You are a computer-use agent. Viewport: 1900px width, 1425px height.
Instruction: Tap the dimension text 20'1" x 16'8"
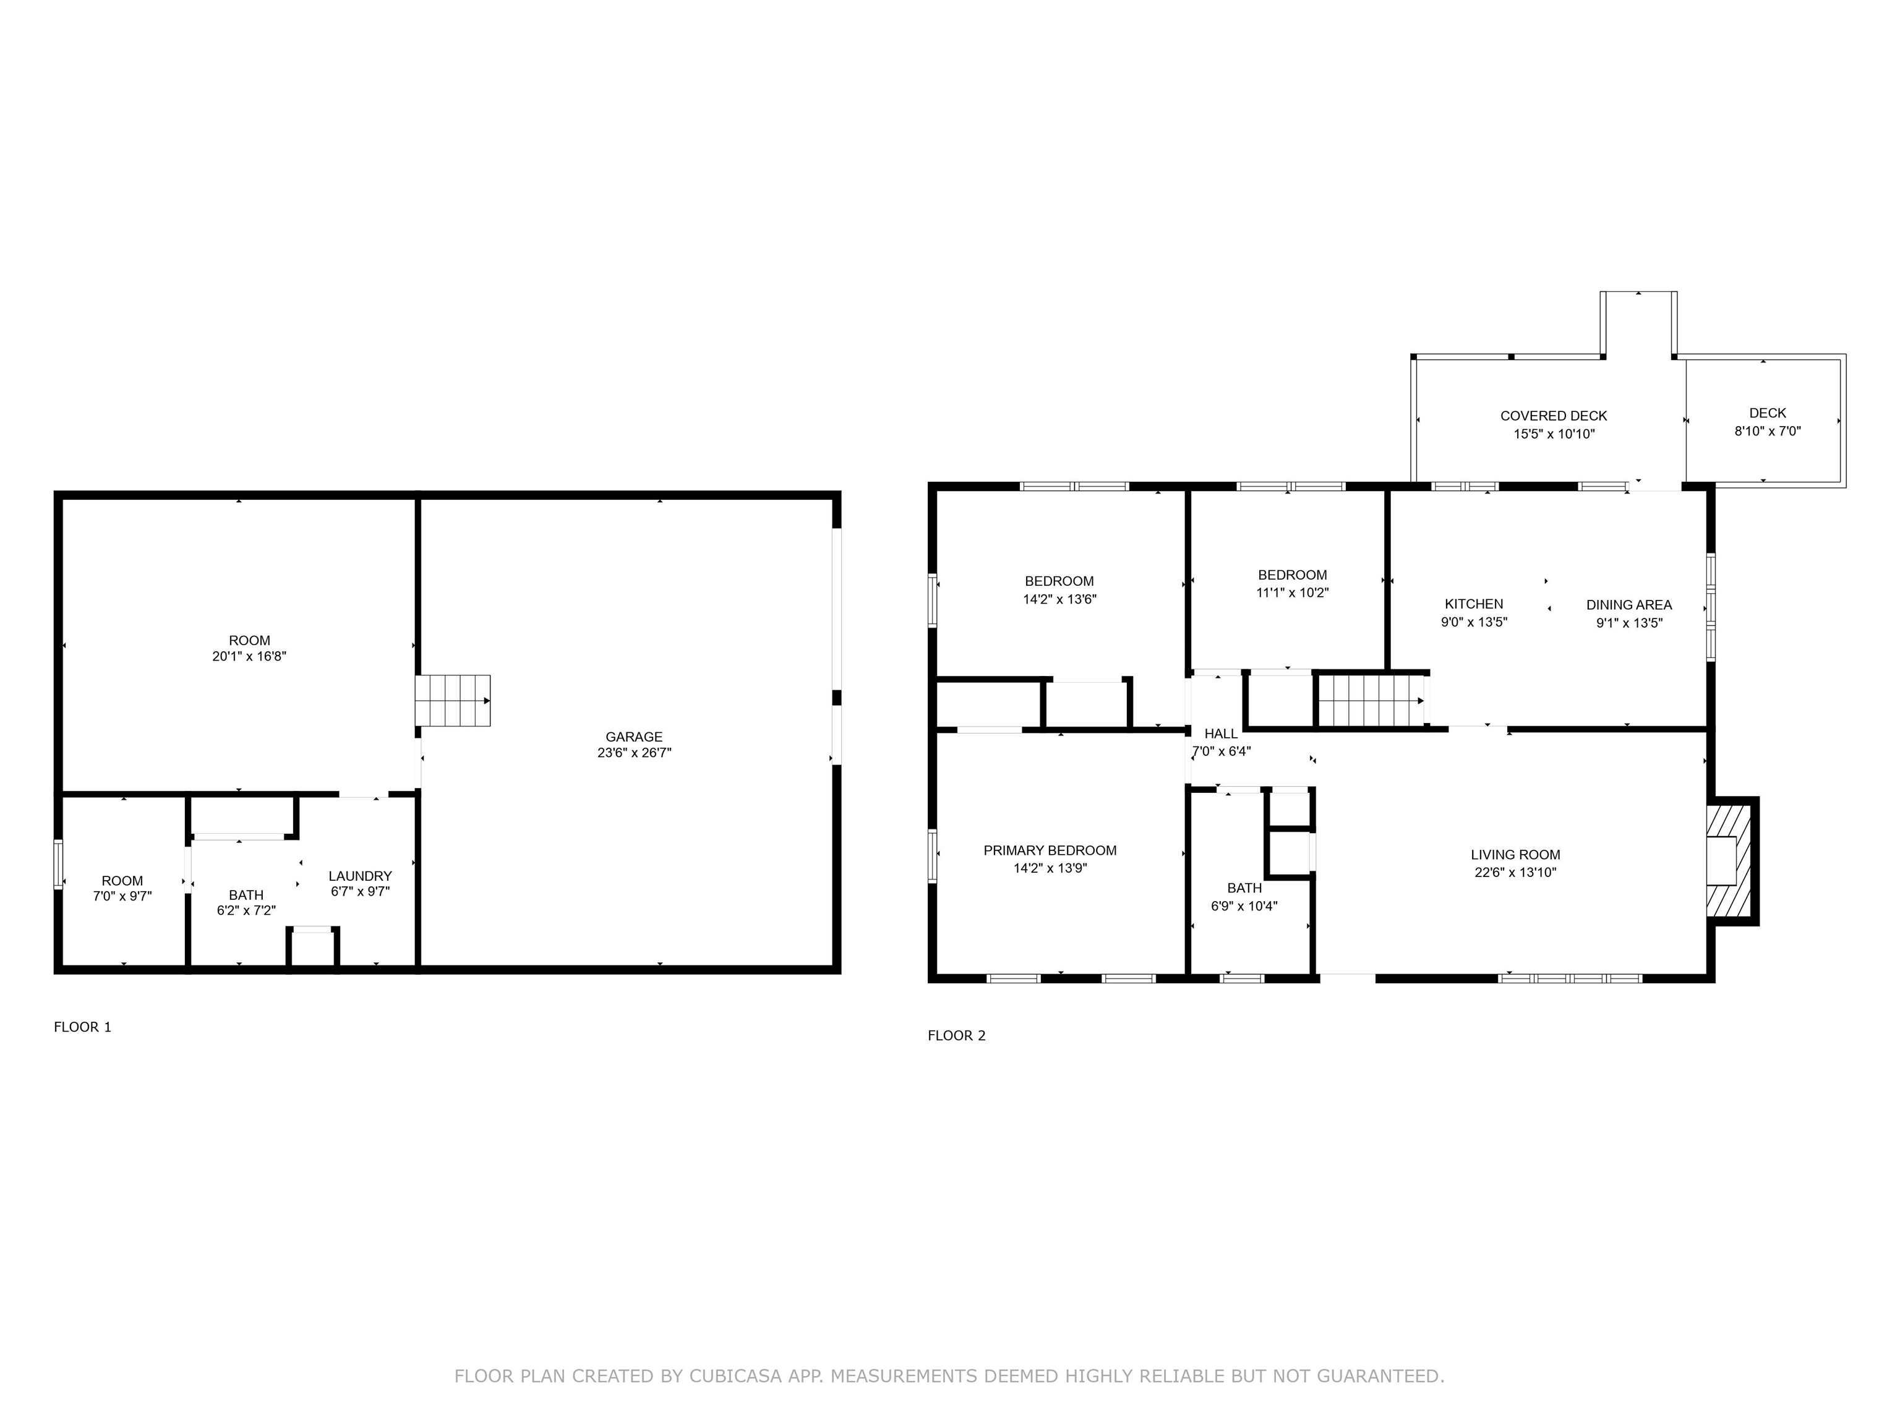(x=249, y=656)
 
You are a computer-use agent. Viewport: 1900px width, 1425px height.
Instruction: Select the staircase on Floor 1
(x=453, y=700)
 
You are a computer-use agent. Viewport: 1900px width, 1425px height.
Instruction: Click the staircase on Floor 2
(x=1372, y=701)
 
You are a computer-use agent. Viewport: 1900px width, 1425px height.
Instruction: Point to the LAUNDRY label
(x=360, y=876)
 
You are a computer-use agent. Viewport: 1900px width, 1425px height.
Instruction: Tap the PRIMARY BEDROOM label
(x=1050, y=850)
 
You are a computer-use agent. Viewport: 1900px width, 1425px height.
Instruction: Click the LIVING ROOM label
(x=1515, y=855)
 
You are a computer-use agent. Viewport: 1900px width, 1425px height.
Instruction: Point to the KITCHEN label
(x=1474, y=604)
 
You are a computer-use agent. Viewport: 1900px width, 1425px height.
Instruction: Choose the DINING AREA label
(x=1628, y=605)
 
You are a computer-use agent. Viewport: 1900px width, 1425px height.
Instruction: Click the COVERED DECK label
(x=1554, y=416)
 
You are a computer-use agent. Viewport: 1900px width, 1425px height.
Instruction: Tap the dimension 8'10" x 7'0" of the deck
(x=1768, y=431)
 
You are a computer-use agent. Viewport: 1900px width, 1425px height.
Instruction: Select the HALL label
(x=1220, y=734)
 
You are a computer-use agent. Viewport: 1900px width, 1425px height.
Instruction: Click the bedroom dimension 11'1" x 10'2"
(x=1293, y=593)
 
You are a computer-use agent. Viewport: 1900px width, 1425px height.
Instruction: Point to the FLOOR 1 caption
(x=82, y=1027)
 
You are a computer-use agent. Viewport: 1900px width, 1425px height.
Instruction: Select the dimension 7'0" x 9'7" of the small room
(x=122, y=897)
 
